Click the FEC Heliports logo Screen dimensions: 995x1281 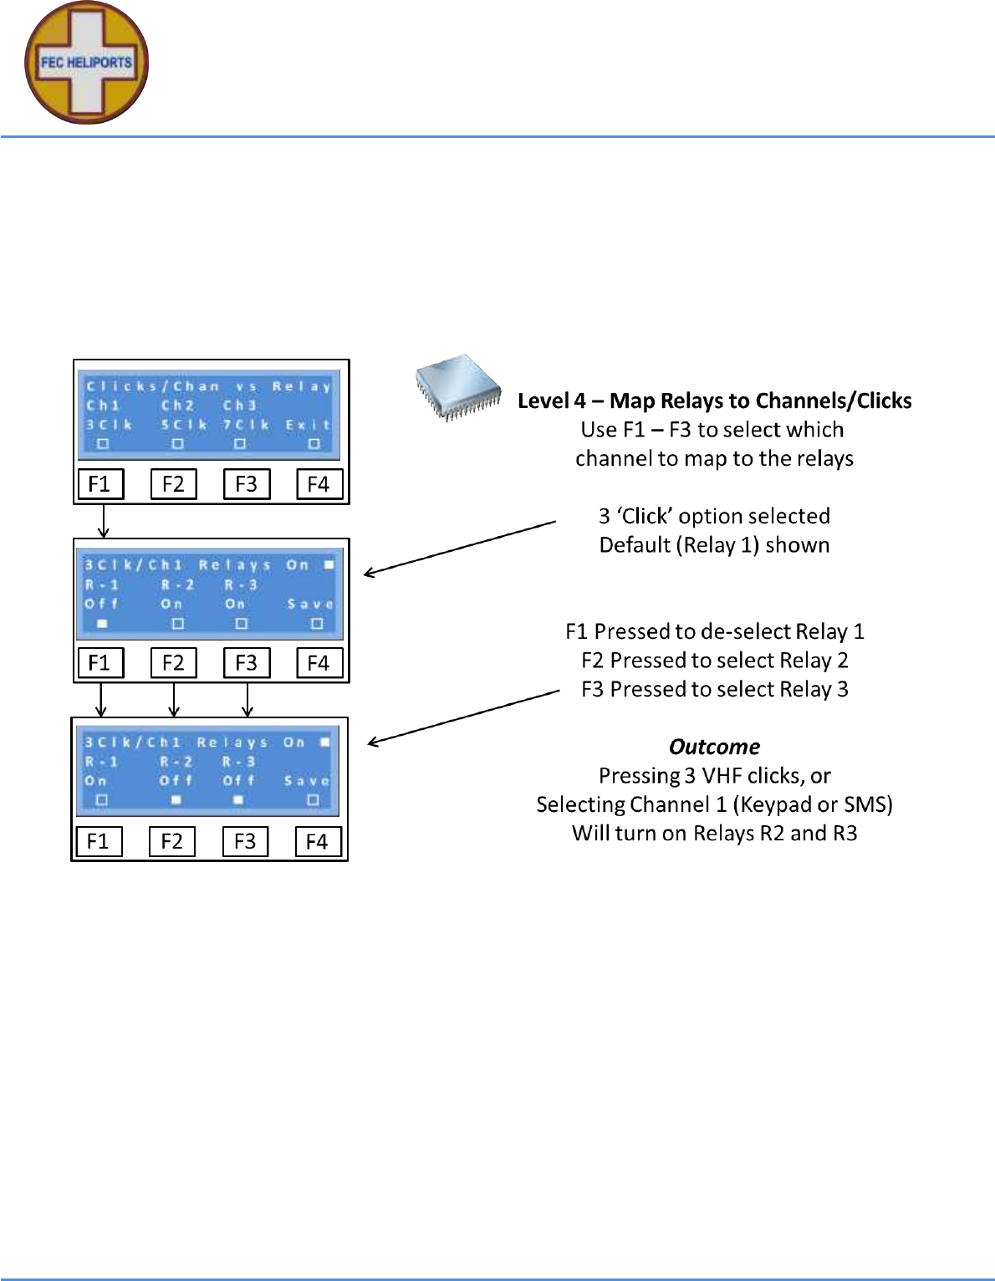(x=86, y=63)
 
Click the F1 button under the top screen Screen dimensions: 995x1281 (x=99, y=484)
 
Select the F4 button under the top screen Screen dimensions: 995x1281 (x=319, y=484)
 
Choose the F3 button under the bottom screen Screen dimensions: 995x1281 (x=245, y=840)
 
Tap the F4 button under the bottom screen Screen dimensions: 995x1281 (x=317, y=840)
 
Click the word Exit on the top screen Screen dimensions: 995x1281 (x=308, y=425)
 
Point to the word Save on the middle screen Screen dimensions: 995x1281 (x=310, y=603)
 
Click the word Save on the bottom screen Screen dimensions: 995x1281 (x=307, y=780)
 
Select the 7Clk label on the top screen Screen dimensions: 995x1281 (x=246, y=425)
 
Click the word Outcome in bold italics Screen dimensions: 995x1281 (x=714, y=747)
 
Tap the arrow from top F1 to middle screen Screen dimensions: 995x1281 (x=103, y=521)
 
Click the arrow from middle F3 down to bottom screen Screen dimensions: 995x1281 (x=247, y=700)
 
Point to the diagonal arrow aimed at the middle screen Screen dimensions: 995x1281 (x=460, y=548)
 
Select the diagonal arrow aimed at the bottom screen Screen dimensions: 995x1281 (x=464, y=717)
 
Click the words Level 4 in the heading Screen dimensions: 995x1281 (x=551, y=401)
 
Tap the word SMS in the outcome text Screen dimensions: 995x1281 (x=866, y=804)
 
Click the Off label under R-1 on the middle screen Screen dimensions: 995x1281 (x=102, y=603)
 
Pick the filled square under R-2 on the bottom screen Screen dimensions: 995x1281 (x=176, y=800)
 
